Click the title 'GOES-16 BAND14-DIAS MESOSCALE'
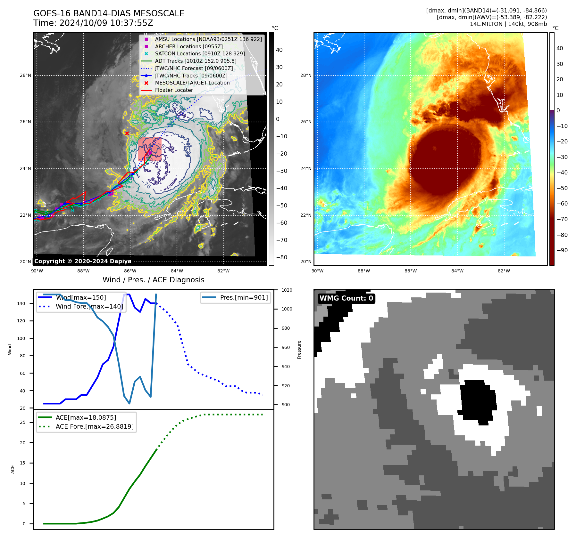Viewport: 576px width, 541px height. (x=109, y=13)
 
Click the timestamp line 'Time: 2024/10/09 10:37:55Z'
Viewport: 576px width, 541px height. (x=93, y=23)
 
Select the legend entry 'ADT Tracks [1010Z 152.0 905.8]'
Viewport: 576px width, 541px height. (x=196, y=61)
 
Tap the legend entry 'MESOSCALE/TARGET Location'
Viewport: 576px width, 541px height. (x=192, y=83)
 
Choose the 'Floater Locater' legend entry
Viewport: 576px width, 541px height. (x=174, y=90)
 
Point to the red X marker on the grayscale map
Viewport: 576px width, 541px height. (x=127, y=133)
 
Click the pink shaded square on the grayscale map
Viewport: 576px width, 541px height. (x=150, y=149)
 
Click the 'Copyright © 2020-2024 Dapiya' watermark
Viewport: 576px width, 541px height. (x=83, y=261)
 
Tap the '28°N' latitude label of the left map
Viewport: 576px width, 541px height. (x=26, y=76)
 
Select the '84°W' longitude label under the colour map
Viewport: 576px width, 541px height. (x=457, y=271)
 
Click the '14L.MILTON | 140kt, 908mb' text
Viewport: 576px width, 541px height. (x=508, y=24)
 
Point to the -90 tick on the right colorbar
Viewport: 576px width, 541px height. (x=562, y=250)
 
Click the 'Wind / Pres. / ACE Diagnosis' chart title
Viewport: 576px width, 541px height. (x=153, y=280)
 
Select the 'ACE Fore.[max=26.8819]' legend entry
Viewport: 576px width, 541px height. (x=95, y=426)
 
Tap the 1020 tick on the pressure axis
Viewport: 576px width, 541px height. (x=287, y=290)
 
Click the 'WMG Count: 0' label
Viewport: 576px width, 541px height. (x=346, y=298)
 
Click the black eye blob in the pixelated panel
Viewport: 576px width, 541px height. (x=478, y=400)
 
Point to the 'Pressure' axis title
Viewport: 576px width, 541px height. (x=299, y=350)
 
